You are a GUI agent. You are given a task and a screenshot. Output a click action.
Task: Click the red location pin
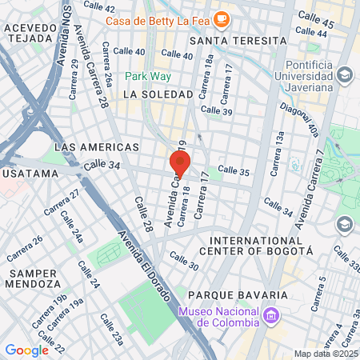[x=179, y=164]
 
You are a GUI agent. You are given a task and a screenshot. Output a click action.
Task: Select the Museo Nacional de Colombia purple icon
[x=271, y=317]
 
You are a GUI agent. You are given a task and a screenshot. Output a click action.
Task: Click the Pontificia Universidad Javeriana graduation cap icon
[x=344, y=76]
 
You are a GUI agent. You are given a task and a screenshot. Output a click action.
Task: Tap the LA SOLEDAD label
[x=158, y=94]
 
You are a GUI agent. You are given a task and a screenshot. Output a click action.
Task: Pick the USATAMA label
[x=30, y=173]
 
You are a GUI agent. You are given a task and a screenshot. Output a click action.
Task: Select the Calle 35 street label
[x=234, y=170]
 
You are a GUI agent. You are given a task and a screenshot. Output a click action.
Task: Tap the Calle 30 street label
[x=183, y=262]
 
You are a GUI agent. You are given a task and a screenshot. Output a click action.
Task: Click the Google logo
[x=26, y=350]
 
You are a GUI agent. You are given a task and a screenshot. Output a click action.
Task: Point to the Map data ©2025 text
[x=324, y=354]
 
